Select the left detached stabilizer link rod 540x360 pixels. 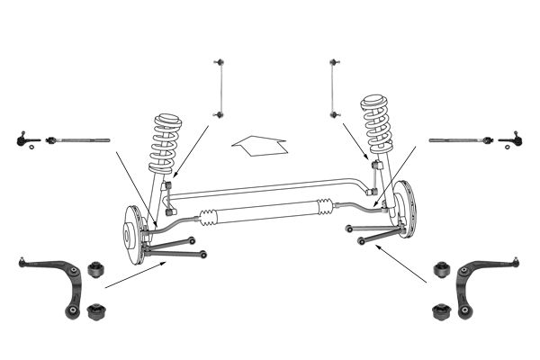218,87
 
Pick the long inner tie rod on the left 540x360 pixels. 78,140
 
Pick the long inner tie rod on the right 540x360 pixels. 459,140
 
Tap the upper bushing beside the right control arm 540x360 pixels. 441,269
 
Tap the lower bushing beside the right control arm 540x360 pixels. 441,311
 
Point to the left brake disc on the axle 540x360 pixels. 133,237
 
